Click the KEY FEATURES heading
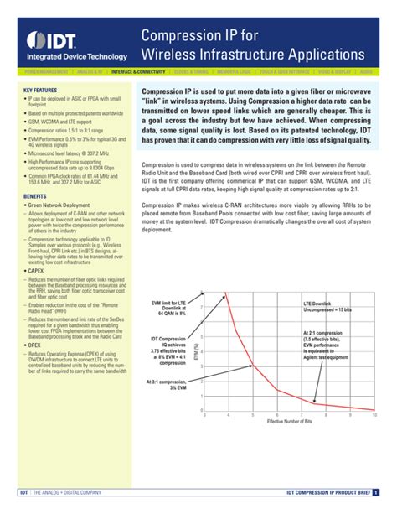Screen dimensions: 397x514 point(40,89)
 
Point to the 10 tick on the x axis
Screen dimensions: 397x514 point(374,415)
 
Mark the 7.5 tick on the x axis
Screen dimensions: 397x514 point(313,415)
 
